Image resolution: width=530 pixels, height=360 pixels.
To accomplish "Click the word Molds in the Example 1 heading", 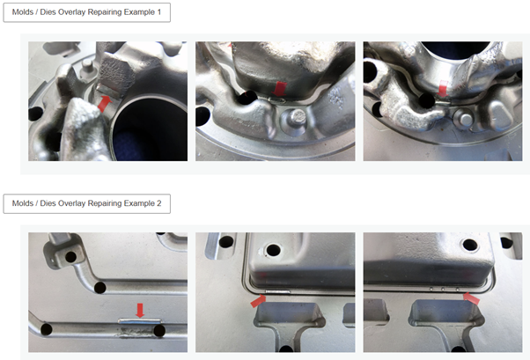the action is pos(22,12).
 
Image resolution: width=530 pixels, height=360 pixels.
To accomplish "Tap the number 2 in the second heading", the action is pos(158,203).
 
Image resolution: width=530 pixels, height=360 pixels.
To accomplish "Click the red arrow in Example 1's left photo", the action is pos(105,104).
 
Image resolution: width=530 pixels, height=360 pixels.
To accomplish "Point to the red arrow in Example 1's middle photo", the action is pos(279,89).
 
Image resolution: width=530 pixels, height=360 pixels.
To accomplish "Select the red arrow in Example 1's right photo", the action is pos(443,89).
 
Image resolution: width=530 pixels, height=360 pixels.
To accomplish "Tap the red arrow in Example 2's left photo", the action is pos(140,311).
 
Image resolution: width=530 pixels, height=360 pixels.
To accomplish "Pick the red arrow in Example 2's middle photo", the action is pos(258,301).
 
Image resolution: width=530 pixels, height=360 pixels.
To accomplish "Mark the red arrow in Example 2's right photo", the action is pos(472,298).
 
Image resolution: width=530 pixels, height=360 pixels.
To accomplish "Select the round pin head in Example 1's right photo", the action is pos(466,118).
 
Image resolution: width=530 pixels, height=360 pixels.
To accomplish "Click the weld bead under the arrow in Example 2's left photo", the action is pos(139,321).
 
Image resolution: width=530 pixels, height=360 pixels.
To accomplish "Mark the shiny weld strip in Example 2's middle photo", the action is pos(277,291).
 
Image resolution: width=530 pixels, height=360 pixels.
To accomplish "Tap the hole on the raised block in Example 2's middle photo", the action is pos(273,250).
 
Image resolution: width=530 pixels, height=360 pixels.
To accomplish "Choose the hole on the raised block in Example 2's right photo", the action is pos(470,245).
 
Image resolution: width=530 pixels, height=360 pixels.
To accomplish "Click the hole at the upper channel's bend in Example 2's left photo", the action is pos(100,288).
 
